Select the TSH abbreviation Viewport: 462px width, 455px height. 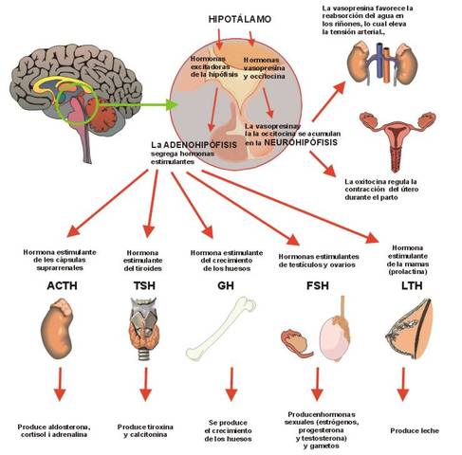pyautogui.click(x=145, y=283)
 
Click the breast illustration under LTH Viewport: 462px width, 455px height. pyautogui.click(x=406, y=328)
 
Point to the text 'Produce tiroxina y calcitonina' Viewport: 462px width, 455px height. pyautogui.click(x=145, y=431)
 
